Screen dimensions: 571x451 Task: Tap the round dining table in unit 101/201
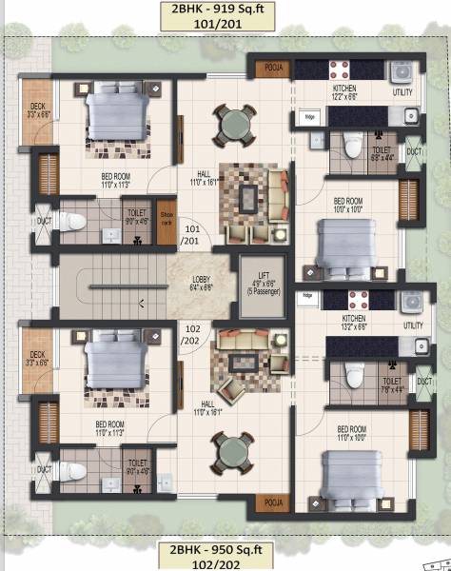coord(232,124)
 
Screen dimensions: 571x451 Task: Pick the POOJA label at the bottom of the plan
coord(274,502)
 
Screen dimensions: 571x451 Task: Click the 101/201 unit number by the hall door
coord(192,235)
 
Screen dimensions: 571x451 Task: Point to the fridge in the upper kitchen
coord(310,118)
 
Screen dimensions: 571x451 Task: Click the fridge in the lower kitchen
coord(307,297)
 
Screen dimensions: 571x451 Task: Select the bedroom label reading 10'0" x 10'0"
coord(348,205)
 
